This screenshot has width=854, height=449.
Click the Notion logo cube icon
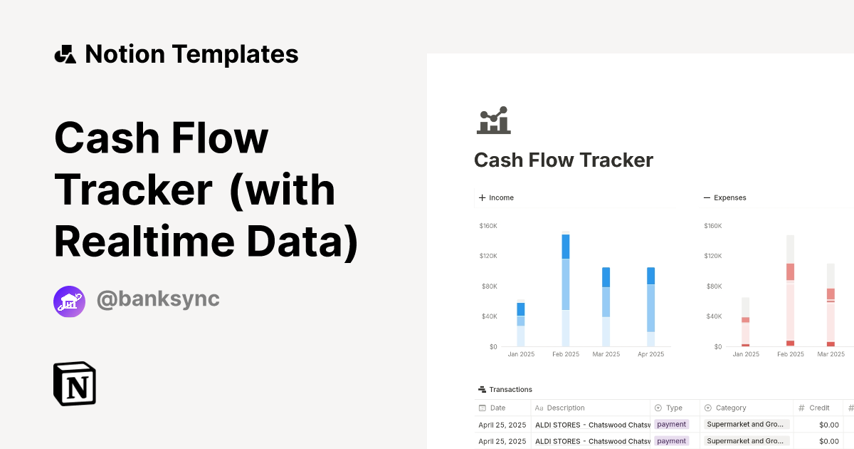pos(74,384)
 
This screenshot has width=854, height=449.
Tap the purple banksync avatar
pos(69,301)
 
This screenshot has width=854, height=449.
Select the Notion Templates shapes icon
pos(65,54)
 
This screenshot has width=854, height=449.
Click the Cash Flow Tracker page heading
pos(563,160)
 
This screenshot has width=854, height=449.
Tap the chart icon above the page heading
pos(493,120)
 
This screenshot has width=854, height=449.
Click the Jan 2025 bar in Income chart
pos(521,324)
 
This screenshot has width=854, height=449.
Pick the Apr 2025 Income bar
pos(650,306)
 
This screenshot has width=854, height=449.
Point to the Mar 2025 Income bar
pos(606,306)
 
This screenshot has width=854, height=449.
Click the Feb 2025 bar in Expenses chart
pos(790,291)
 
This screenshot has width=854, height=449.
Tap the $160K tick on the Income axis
pos(488,226)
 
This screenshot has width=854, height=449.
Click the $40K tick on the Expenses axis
pos(712,316)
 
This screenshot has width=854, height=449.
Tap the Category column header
pos(730,408)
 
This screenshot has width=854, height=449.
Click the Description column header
pos(565,408)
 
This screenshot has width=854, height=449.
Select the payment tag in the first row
pos(671,424)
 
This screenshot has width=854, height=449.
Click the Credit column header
pos(818,408)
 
